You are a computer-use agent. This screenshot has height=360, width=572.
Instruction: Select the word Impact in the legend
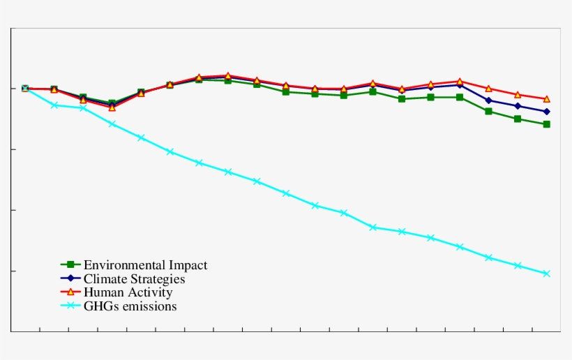pos(188,265)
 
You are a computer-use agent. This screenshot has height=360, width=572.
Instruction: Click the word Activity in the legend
pos(148,293)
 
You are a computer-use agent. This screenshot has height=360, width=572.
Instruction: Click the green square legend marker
pos(70,264)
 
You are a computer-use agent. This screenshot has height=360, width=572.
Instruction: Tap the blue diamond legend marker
pos(70,278)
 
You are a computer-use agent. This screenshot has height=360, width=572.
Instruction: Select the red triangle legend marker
pos(70,292)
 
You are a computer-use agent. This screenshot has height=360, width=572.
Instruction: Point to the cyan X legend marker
pos(70,305)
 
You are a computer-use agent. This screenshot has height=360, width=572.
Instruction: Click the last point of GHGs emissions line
pos(546,273)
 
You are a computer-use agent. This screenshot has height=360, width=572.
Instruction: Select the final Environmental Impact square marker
pos(546,124)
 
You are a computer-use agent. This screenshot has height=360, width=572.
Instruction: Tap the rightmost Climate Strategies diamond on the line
pos(546,112)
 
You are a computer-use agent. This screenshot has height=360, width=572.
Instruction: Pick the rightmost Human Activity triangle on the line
pos(546,99)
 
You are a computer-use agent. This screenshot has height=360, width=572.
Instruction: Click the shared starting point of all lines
pos(25,89)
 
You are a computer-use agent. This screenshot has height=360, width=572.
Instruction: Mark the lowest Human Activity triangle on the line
pos(112,107)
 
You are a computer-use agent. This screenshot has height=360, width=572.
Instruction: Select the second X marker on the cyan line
pos(54,105)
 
